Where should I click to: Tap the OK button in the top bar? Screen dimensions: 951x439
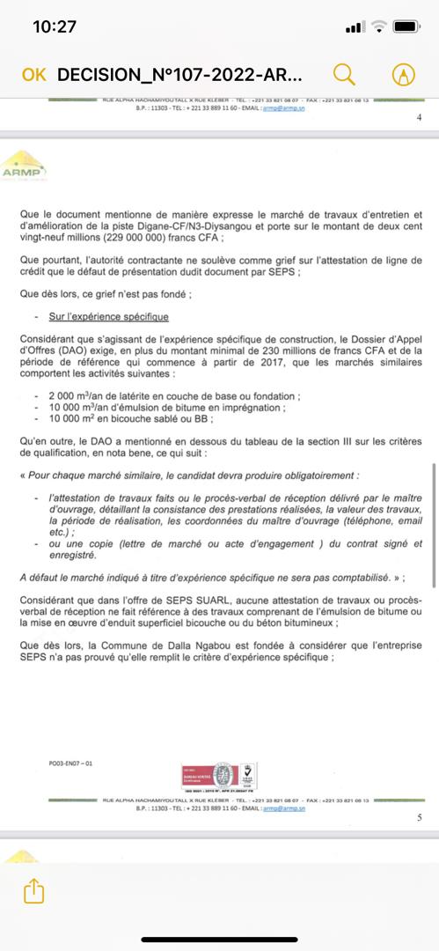coord(33,75)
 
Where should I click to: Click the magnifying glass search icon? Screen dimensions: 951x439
coord(345,74)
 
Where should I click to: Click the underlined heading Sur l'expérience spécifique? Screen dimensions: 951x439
coord(109,315)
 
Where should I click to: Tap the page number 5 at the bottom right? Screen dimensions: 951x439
coord(418,818)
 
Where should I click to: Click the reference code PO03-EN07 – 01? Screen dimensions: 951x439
coord(71,765)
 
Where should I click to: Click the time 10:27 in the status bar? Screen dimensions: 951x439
coord(55,27)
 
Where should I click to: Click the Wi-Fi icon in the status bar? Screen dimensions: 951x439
coord(378,27)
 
